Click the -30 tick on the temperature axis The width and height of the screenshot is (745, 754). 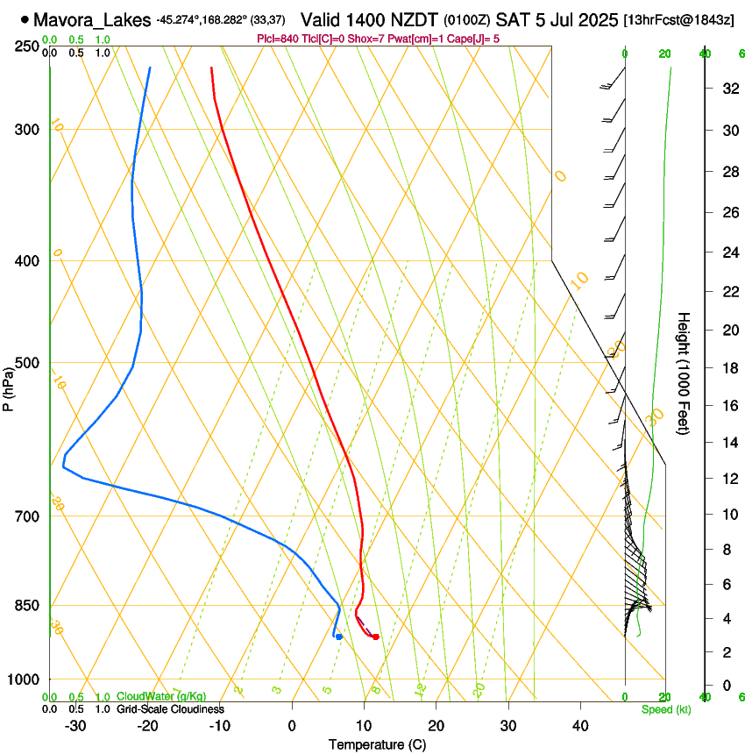click(x=76, y=725)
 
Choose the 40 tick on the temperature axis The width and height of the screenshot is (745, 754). click(x=580, y=725)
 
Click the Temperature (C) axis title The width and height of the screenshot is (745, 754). click(x=377, y=744)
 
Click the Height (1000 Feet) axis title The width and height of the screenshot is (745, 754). click(x=685, y=373)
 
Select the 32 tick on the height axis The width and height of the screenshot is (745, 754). click(x=729, y=89)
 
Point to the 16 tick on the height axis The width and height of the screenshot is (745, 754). click(x=729, y=406)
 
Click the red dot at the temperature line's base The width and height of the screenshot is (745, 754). click(x=375, y=637)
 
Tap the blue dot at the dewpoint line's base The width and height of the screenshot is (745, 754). click(x=338, y=637)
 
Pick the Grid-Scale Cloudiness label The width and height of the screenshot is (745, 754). click(x=170, y=709)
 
